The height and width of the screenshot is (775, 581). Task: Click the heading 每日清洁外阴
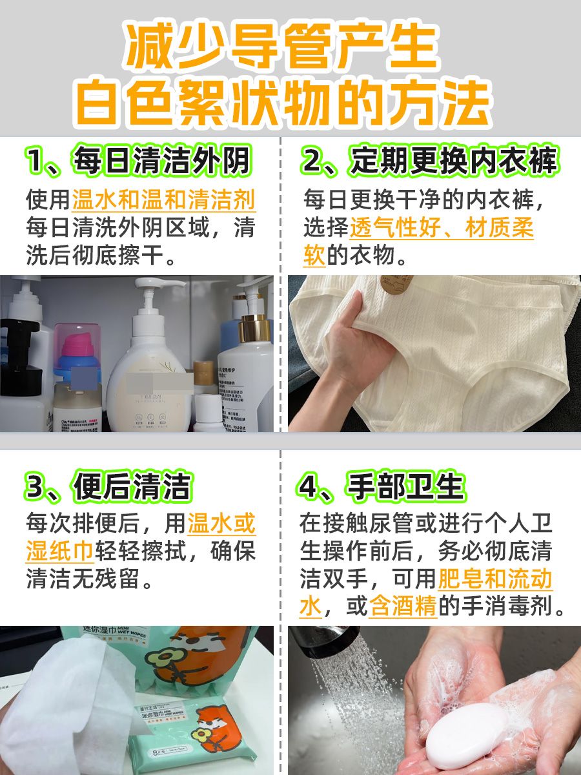(138, 161)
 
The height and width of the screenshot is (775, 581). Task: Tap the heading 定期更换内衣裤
(429, 161)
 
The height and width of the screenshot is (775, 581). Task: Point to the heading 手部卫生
(382, 487)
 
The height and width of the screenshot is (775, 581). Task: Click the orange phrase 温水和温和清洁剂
(163, 200)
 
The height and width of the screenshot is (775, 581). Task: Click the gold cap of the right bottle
(253, 327)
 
